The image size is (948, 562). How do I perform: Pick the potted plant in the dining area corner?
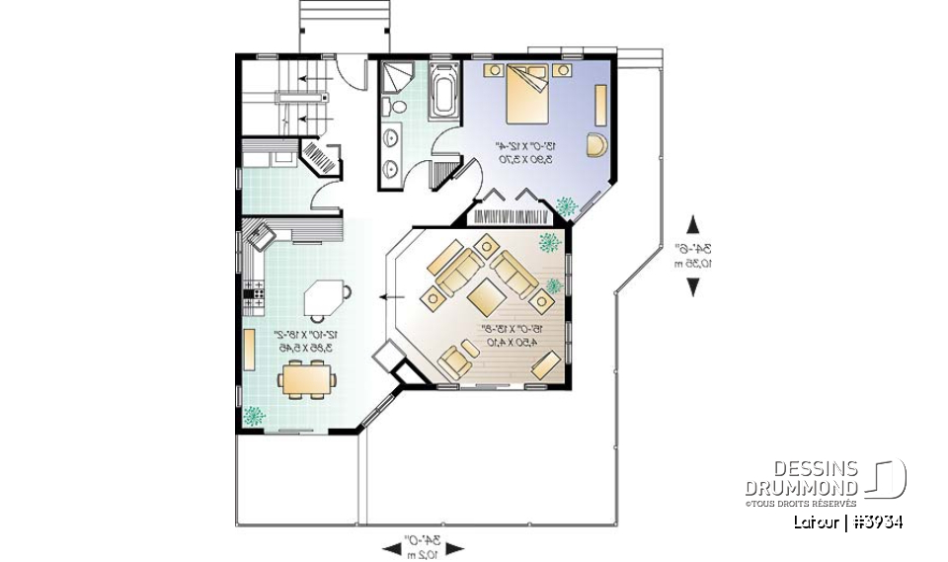255,416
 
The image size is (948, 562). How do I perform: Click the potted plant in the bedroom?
567,206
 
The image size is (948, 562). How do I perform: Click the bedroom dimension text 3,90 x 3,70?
523,158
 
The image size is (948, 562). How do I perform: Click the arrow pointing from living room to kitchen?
390,294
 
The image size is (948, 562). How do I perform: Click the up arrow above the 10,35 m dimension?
693,224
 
